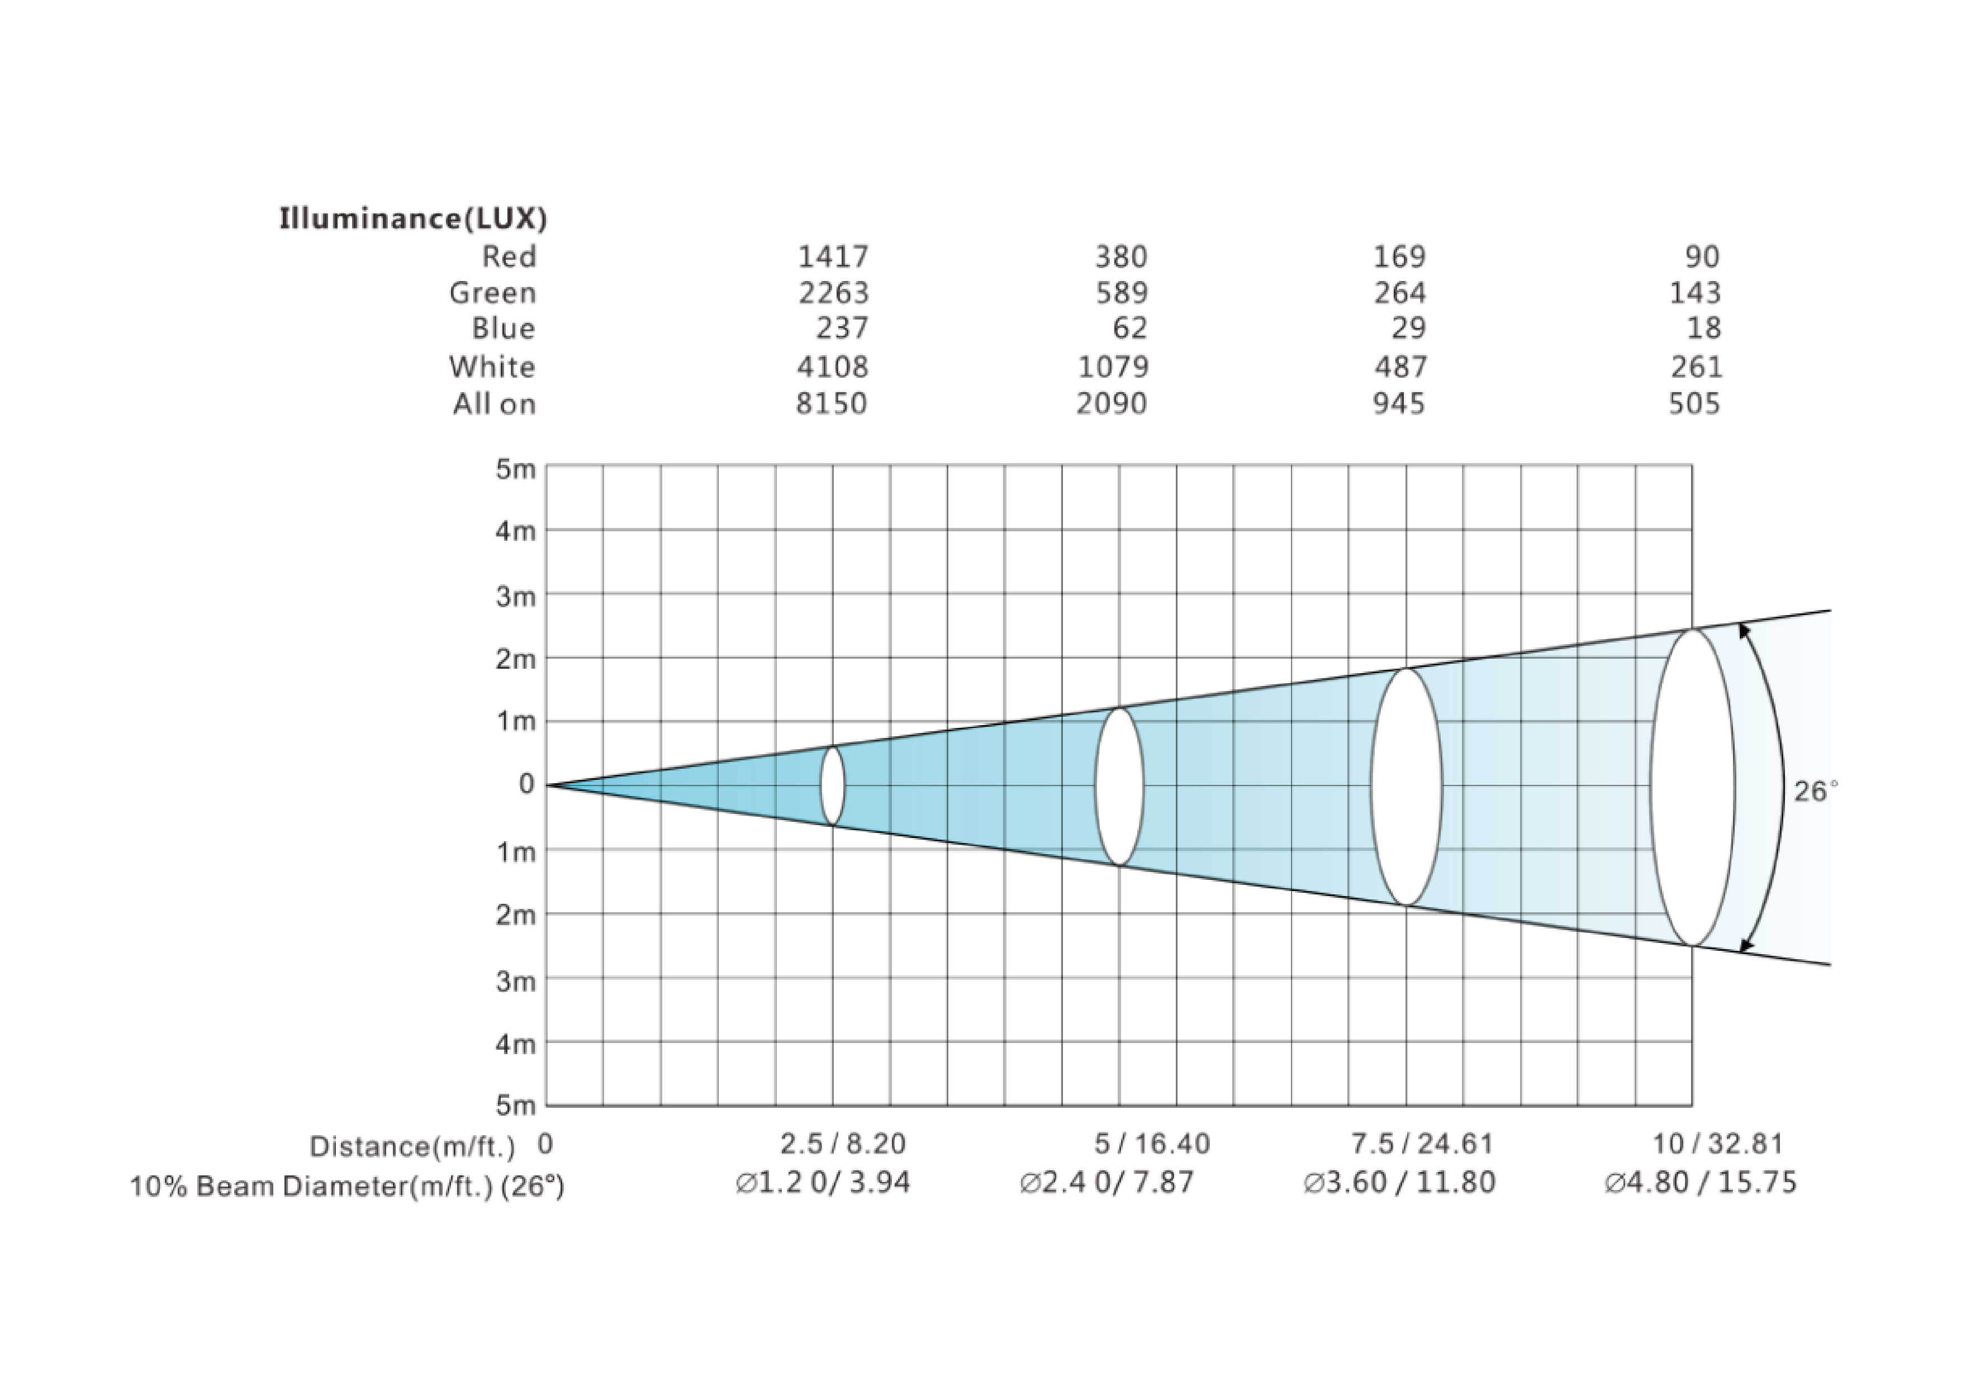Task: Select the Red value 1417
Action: (833, 256)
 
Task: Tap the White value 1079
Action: (1113, 366)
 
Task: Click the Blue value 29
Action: (1408, 328)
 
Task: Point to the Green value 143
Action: (1696, 293)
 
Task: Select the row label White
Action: (493, 366)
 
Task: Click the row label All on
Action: (495, 403)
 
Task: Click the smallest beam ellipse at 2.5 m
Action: (822, 785)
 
